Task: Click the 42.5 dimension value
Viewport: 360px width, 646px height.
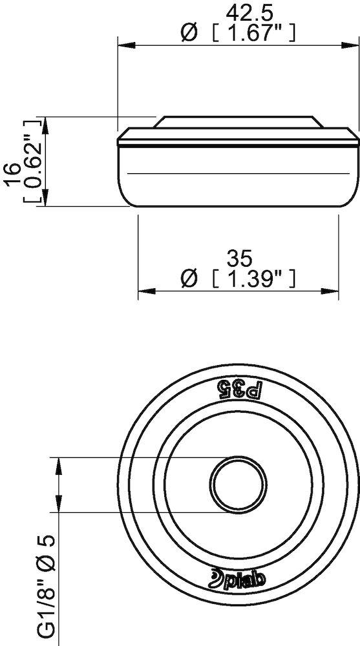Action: [x=238, y=13]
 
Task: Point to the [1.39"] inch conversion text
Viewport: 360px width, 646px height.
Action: [x=254, y=279]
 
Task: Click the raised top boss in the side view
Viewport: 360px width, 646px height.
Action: [x=238, y=122]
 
